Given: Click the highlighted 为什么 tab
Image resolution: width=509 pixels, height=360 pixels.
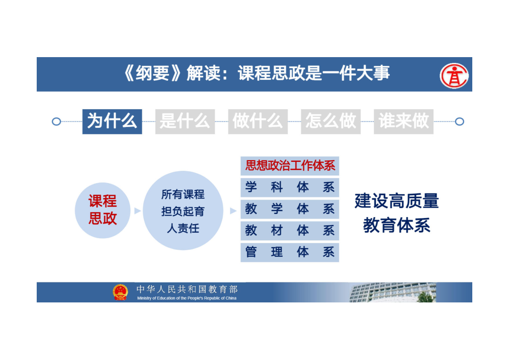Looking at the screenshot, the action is tap(112, 122).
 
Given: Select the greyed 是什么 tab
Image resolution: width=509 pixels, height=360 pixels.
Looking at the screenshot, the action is tap(185, 122).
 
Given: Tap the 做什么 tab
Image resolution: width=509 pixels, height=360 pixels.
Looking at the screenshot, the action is tap(258, 122).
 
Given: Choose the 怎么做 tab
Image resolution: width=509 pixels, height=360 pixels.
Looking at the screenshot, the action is tap(331, 122).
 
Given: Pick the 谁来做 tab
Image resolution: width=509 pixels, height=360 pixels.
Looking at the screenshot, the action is tap(403, 122).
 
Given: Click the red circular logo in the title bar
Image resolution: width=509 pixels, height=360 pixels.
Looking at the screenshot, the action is tap(454, 76).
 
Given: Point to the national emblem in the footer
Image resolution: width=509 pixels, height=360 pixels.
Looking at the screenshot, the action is tap(121, 292).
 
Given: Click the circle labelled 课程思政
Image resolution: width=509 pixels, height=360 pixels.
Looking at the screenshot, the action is tap(102, 210).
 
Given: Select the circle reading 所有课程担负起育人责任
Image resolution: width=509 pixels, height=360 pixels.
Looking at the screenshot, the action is tap(183, 210).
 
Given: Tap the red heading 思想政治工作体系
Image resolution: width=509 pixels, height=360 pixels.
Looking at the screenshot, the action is tap(290, 165).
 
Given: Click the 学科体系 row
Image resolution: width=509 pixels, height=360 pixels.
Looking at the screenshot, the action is tap(290, 187).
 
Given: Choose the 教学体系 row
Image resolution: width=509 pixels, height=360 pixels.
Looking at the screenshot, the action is tap(290, 209).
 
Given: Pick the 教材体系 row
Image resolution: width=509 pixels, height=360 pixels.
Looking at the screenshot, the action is tap(290, 230).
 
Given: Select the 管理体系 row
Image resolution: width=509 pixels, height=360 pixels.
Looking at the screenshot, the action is tap(290, 252).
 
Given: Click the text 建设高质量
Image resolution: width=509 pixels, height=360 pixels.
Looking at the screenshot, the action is tap(397, 200).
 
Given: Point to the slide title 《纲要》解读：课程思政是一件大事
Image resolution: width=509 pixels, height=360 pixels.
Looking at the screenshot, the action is tap(257, 73).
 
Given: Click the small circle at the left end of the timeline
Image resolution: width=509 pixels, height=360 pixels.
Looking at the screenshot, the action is tap(57, 122).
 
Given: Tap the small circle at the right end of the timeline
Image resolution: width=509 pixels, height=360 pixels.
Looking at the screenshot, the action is tap(459, 122).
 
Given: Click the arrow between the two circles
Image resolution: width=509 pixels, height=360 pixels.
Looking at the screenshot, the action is tap(137, 211).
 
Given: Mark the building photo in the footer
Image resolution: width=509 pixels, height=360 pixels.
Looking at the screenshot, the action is tap(393, 292).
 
